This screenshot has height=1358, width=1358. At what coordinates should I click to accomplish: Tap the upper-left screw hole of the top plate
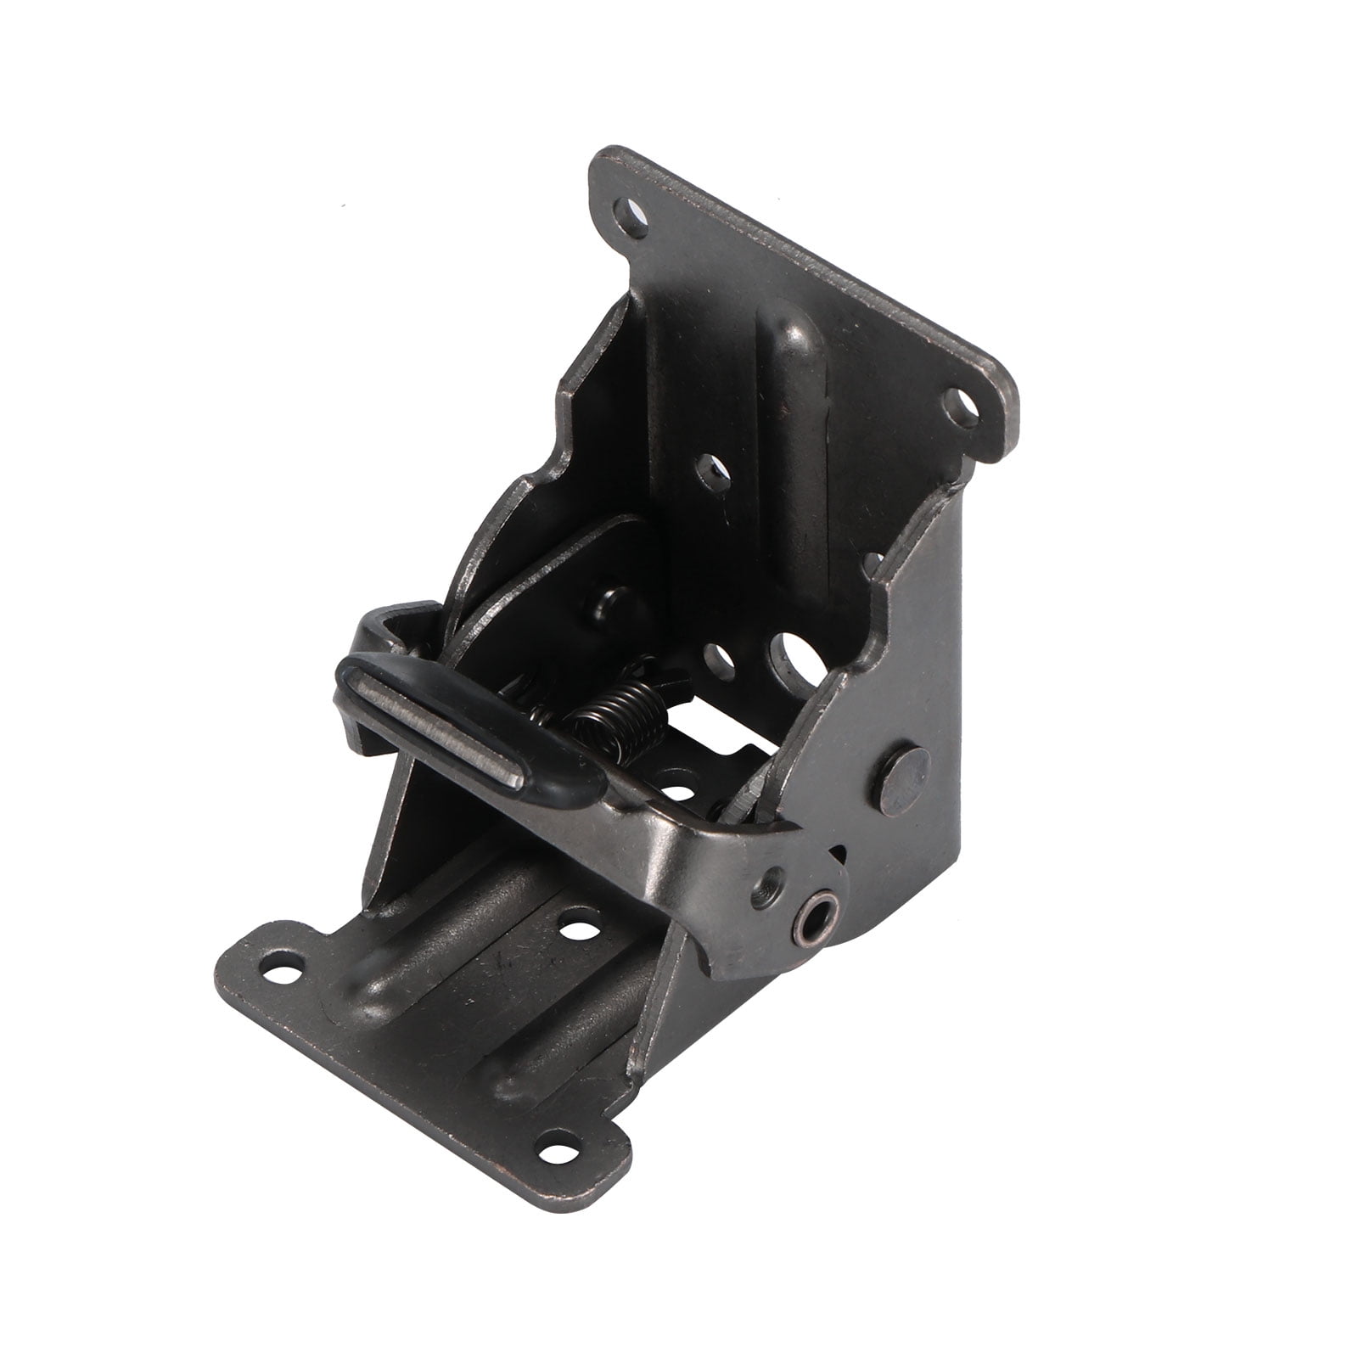[x=631, y=207]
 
